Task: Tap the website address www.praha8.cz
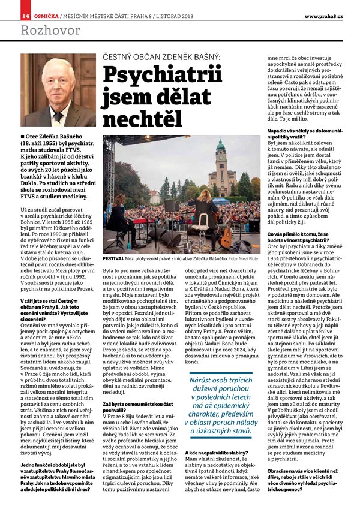323,16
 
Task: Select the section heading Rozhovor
42,30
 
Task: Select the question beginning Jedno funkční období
57,465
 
